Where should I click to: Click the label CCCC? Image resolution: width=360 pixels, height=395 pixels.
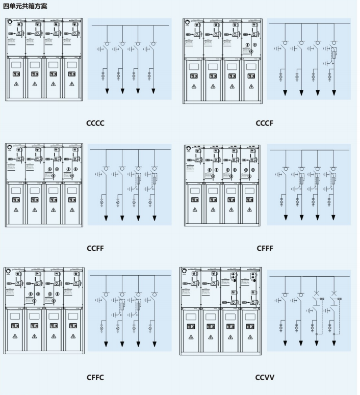coord(95,123)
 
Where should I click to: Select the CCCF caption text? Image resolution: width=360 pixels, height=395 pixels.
coord(264,123)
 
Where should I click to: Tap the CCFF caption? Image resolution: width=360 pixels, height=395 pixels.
coord(95,248)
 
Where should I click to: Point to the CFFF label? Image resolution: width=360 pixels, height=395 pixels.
coord(265,248)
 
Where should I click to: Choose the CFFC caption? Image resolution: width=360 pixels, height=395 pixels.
coord(95,377)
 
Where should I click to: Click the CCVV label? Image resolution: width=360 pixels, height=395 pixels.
coord(265,377)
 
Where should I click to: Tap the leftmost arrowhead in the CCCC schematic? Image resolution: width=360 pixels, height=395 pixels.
coord(108,91)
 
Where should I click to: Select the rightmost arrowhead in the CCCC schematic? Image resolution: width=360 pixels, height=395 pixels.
coord(153,91)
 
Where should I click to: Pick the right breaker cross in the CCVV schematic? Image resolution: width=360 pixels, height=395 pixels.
coord(333,294)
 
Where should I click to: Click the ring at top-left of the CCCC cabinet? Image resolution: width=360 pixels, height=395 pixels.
coord(9,22)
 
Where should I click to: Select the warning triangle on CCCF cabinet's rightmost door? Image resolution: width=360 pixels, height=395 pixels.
coord(249,86)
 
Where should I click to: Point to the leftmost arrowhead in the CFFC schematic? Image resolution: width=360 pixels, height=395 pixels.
coord(107,344)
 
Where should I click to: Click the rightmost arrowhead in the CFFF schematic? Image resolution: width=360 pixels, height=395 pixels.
coord(333,217)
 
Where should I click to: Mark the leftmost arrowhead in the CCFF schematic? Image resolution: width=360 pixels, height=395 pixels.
coord(107,218)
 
